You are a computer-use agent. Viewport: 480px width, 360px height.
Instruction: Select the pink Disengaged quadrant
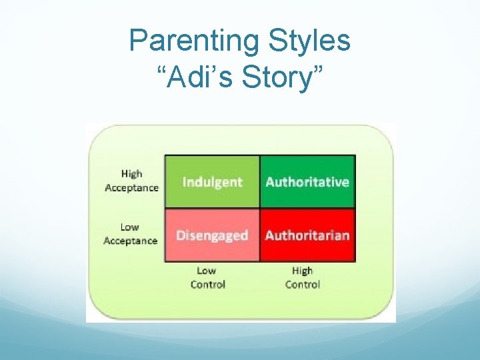(x=212, y=248)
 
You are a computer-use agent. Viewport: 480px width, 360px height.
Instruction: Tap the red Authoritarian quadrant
(x=307, y=248)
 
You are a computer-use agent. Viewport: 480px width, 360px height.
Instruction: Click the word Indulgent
(x=212, y=182)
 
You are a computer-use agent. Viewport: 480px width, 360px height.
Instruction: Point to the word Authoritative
(x=307, y=182)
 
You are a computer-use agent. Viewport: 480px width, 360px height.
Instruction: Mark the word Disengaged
(x=212, y=235)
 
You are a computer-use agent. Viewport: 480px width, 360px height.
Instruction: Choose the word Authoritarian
(x=307, y=235)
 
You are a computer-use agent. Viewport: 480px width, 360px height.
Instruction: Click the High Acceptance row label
(x=131, y=181)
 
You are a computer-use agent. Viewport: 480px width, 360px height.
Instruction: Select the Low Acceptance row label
(x=130, y=234)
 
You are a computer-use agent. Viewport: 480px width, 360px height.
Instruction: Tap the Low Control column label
(x=207, y=277)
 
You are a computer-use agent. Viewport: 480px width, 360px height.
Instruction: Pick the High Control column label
(x=302, y=277)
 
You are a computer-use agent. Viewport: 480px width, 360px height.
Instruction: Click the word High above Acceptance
(x=131, y=174)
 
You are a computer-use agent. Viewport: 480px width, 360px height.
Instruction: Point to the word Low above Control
(x=207, y=271)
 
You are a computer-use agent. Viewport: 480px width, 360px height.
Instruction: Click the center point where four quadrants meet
(x=259, y=209)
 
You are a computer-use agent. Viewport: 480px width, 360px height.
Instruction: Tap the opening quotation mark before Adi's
(x=162, y=69)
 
